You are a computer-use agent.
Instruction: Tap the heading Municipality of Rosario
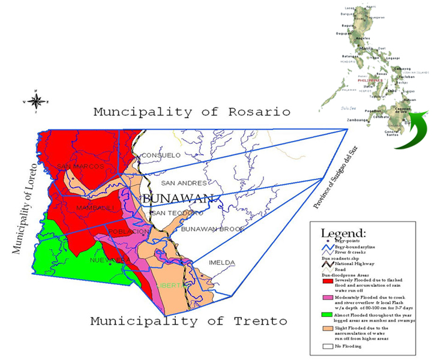click(191, 112)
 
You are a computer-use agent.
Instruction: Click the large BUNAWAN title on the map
click(178, 199)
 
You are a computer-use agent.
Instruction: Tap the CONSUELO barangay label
click(161, 155)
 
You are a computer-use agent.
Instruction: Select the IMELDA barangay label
click(222, 263)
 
